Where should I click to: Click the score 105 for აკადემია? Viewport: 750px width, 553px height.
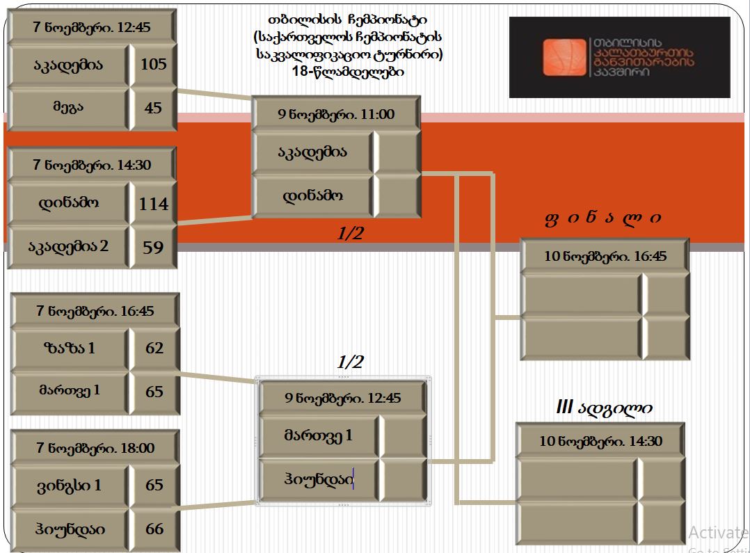pos(154,64)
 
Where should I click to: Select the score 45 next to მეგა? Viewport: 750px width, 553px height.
pos(153,108)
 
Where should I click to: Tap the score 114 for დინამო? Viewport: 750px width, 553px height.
pos(154,204)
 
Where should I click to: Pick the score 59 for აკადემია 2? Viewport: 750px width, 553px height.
pos(153,248)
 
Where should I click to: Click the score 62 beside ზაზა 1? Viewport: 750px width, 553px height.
pos(154,348)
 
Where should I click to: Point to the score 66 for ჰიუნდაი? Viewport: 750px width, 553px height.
pos(154,529)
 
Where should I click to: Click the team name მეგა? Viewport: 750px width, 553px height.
pos(68,106)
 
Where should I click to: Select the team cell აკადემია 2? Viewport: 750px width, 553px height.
pos(68,246)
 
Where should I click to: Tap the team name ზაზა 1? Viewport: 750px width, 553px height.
pos(70,348)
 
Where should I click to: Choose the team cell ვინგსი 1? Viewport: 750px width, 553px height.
pos(70,486)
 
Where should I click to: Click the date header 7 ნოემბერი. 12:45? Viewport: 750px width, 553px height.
pos(91,27)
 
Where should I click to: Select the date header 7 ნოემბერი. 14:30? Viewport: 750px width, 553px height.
pos(92,165)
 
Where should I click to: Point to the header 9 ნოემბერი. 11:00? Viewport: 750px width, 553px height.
pos(336,114)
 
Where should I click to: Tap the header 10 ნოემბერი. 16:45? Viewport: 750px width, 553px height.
pos(605,257)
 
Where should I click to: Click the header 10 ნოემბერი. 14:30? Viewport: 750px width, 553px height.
pos(601,441)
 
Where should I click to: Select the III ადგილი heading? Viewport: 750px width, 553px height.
pos(604,408)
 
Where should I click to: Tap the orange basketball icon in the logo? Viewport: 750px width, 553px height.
pos(564,58)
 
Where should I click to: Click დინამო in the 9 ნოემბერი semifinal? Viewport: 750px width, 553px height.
pos(313,195)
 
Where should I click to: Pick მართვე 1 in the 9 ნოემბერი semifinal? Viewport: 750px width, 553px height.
pos(319,435)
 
